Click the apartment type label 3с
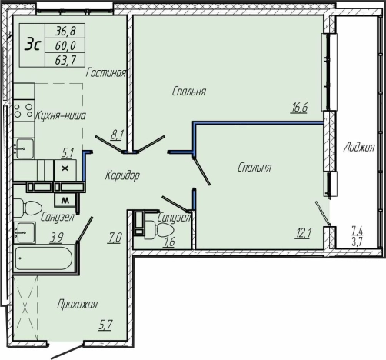pyautogui.click(x=32, y=45)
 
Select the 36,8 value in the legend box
pyautogui.click(x=65, y=32)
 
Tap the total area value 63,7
pyautogui.click(x=65, y=61)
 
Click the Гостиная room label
pyautogui.click(x=106, y=73)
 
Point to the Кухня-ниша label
pyautogui.click(x=60, y=115)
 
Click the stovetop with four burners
pyautogui.click(x=24, y=111)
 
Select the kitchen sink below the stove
pyautogui.click(x=24, y=148)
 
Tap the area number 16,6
pyautogui.click(x=299, y=108)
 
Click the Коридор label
pyautogui.click(x=122, y=175)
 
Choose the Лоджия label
pyautogui.click(x=359, y=148)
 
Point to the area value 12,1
pyautogui.click(x=303, y=234)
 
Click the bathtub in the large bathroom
pyautogui.click(x=43, y=258)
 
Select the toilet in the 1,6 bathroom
pyautogui.click(x=158, y=231)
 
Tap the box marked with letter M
pyautogui.click(x=65, y=200)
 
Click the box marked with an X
pyautogui.click(x=65, y=169)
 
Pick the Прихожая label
pyautogui.click(x=77, y=305)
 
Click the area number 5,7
pyautogui.click(x=105, y=325)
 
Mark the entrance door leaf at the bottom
pyautogui.click(x=68, y=351)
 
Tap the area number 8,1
pyautogui.click(x=117, y=135)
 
